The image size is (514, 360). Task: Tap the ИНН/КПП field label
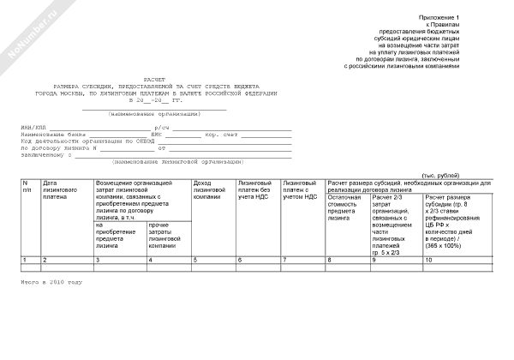(35, 128)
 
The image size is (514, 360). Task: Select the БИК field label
(157, 135)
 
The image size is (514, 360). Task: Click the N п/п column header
(27, 187)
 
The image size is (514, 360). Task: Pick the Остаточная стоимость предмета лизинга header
(346, 208)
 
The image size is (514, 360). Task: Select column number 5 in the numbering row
(195, 259)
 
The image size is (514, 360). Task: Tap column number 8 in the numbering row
(330, 259)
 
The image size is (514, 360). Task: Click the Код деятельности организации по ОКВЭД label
(75, 141)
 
